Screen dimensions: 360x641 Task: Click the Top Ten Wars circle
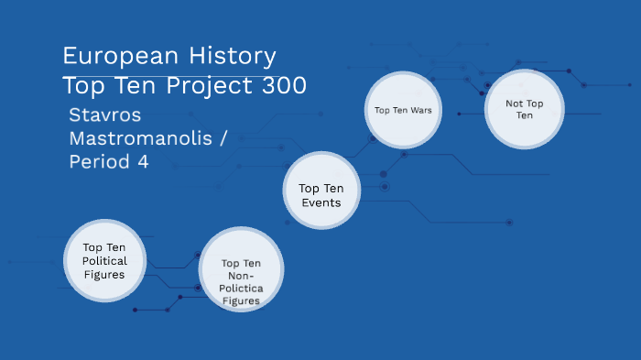click(403, 110)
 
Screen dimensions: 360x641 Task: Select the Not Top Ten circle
click(524, 110)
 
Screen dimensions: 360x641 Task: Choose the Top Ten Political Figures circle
click(103, 261)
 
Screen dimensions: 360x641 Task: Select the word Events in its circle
click(320, 202)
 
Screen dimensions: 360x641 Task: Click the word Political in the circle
click(104, 261)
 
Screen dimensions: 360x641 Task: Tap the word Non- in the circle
click(240, 275)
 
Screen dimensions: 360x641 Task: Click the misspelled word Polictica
click(240, 288)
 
